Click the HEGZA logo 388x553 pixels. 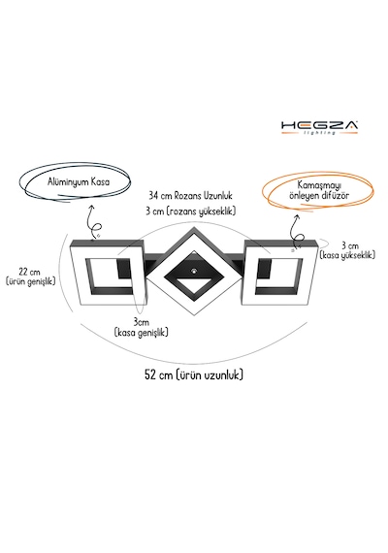319,127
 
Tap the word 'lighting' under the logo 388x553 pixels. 319,133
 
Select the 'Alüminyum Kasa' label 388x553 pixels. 79,182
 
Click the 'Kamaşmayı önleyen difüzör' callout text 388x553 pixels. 319,190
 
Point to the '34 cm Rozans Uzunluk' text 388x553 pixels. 190,195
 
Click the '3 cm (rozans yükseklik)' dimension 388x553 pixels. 190,211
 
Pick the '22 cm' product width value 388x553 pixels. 29,273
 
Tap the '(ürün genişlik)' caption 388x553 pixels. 31,281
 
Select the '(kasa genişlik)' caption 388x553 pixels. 141,332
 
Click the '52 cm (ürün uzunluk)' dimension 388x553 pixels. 194,374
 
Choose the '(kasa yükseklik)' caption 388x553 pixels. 347,254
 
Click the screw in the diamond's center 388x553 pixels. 194,271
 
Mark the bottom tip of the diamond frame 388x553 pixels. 194,315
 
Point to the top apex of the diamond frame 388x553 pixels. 194,227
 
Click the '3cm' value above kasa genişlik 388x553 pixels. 141,322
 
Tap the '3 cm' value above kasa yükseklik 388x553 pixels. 350,245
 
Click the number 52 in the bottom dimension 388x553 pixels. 151,374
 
